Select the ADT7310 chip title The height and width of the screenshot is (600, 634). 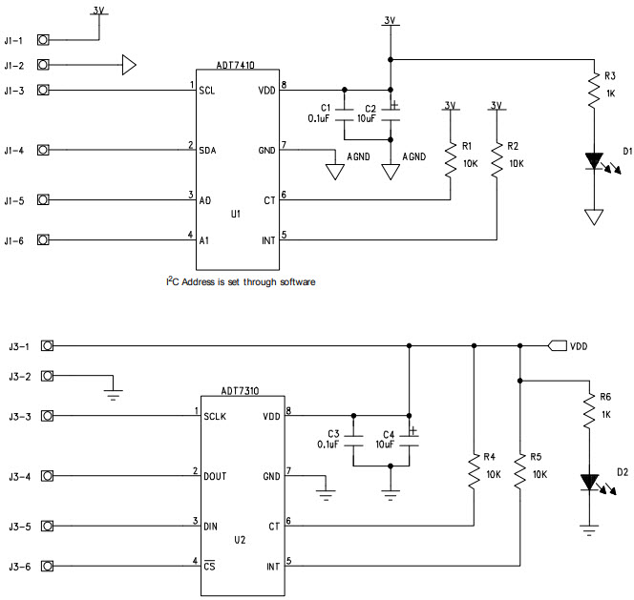tap(240, 390)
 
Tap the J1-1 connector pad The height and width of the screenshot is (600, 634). tap(43, 40)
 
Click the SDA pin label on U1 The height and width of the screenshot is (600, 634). tap(209, 151)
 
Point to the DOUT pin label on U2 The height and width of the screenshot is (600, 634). tap(215, 476)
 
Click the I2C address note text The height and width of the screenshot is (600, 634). tap(240, 282)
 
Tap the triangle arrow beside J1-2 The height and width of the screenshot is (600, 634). tap(129, 65)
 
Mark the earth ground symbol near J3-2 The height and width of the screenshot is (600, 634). tap(113, 391)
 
